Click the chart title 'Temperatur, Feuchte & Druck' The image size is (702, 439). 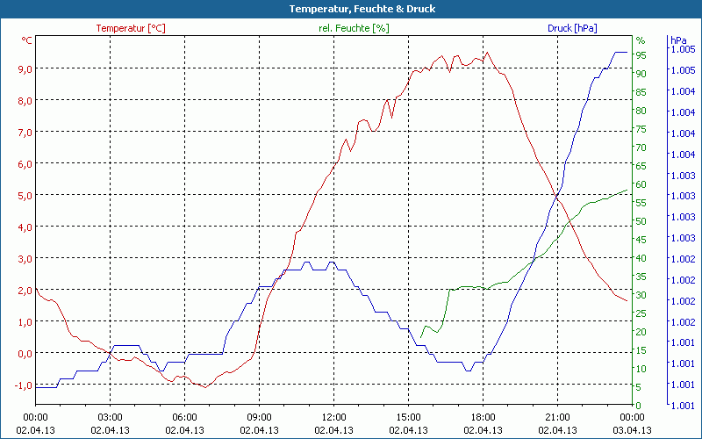pos(350,9)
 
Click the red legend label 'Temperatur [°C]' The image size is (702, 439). pos(131,28)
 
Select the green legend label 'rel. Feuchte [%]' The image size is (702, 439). pos(354,28)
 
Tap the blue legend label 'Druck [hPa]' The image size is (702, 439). pos(572,28)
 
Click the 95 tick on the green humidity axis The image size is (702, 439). pos(641,55)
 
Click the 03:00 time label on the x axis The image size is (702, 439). pos(110,417)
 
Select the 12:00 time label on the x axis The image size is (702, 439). pos(333,417)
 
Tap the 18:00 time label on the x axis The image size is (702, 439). pos(483,417)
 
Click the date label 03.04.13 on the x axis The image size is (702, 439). pos(632,430)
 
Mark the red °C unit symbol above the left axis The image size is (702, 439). pos(27,40)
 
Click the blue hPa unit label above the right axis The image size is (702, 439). pos(678,40)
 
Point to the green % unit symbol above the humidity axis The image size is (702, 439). pos(641,40)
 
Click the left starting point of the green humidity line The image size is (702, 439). pos(421,337)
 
